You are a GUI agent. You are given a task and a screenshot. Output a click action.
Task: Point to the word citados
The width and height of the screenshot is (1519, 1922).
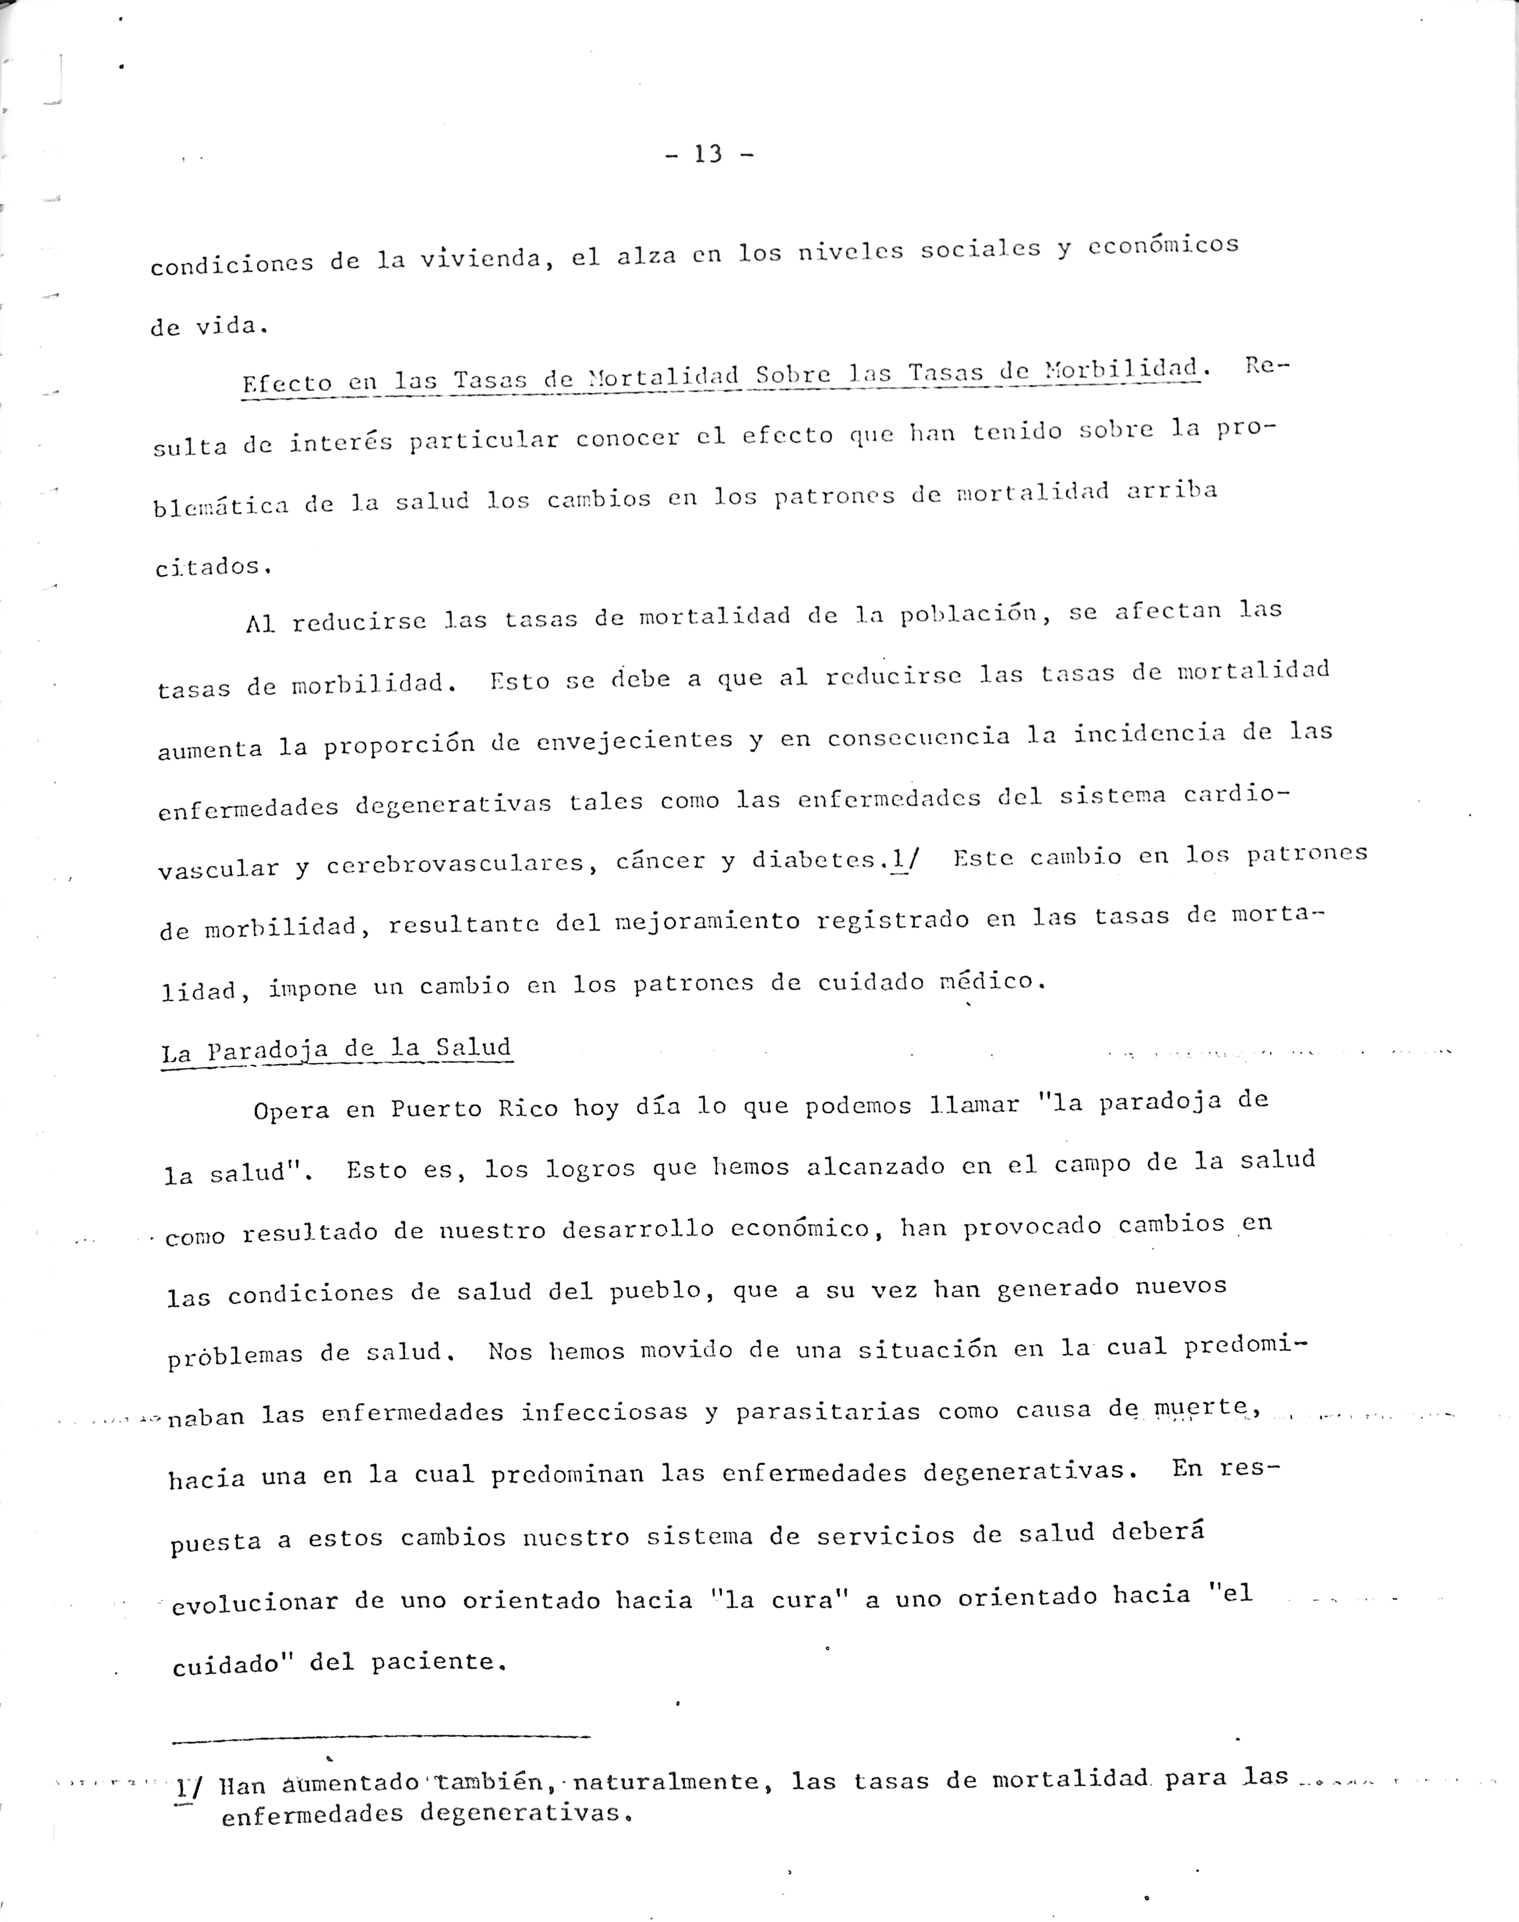coord(212,567)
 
